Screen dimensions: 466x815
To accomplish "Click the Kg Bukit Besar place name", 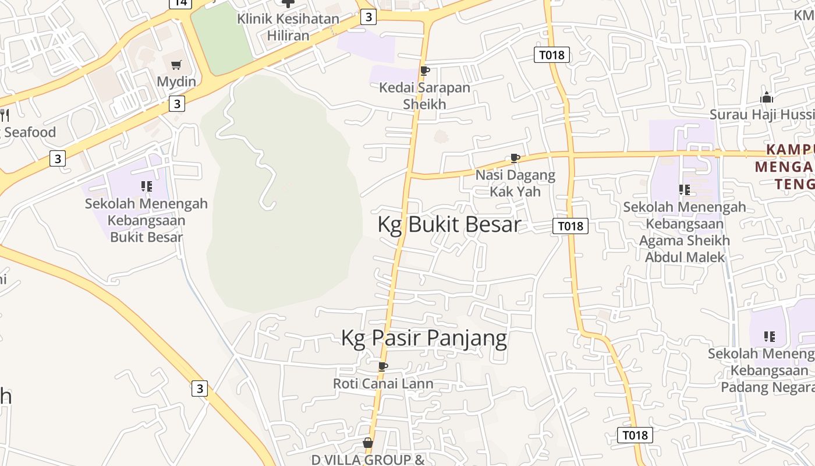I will click(x=449, y=224).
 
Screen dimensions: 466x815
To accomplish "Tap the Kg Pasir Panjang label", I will click(x=424, y=338).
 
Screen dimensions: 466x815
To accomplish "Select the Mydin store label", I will click(x=176, y=82).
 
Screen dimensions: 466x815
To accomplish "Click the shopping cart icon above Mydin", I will click(x=176, y=65).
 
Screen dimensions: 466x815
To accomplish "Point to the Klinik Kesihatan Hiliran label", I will click(x=288, y=27).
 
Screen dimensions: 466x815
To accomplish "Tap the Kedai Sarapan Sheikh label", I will click(x=424, y=96).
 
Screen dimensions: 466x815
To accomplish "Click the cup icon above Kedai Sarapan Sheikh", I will click(x=424, y=71).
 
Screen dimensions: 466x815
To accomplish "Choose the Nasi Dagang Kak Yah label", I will click(x=515, y=183).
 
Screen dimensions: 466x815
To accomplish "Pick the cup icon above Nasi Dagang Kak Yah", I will click(x=515, y=158).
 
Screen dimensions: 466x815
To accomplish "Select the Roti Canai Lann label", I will click(x=383, y=383).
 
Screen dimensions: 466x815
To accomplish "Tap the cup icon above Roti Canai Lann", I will click(x=382, y=366).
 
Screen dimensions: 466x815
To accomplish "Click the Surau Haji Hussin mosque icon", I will click(x=767, y=97).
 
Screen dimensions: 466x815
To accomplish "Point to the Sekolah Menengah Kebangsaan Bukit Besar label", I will click(x=146, y=220).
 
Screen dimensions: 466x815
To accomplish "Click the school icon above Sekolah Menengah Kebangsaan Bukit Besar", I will click(x=146, y=186).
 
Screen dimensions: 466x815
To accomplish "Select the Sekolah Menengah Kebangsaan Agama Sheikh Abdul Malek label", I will click(x=685, y=232).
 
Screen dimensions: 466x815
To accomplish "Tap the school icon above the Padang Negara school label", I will click(x=770, y=337).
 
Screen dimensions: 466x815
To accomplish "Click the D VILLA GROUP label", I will click(x=368, y=460).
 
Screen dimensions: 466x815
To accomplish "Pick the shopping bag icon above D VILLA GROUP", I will click(x=368, y=443).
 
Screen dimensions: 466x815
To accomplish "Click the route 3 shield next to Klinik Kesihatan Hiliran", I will click(x=368, y=17).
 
